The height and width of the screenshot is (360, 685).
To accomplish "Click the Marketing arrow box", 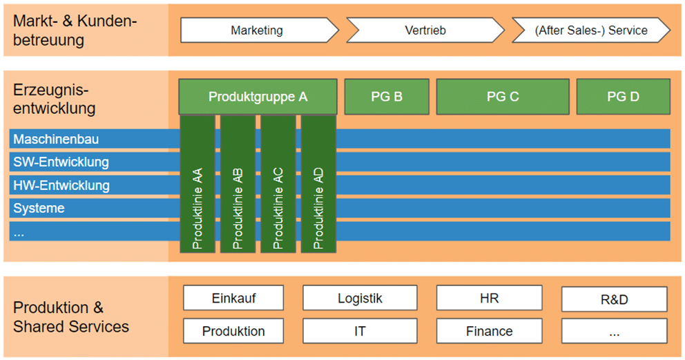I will click(x=258, y=30).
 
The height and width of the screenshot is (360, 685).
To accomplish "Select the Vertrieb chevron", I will click(x=425, y=30).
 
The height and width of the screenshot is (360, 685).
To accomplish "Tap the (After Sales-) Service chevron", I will click(x=591, y=30).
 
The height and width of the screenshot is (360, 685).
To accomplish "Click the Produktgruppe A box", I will click(x=258, y=97).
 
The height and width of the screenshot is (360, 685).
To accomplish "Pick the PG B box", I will click(x=387, y=97).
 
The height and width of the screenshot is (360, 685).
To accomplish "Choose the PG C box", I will click(x=503, y=97).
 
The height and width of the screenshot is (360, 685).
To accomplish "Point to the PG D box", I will click(x=623, y=97).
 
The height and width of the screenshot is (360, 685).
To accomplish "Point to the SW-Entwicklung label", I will click(x=61, y=162).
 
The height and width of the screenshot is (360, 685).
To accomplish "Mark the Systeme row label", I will click(x=39, y=208).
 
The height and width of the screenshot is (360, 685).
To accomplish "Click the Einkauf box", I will click(x=233, y=299).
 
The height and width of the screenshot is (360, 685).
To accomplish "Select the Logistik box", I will click(x=360, y=299).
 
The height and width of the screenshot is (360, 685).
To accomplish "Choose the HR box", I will click(x=489, y=299).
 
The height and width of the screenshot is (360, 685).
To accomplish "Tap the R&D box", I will click(x=614, y=300).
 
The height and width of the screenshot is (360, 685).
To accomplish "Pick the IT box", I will click(x=360, y=331).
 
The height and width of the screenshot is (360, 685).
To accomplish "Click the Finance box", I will click(x=489, y=331).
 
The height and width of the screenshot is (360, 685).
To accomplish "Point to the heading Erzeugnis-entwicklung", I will click(x=54, y=100).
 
